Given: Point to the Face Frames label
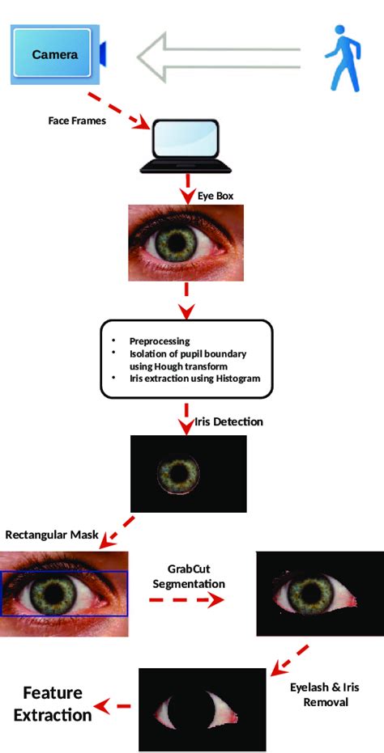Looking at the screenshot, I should (x=77, y=121).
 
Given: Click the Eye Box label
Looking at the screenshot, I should (x=216, y=195).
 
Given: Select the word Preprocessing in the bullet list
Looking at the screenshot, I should (x=160, y=341).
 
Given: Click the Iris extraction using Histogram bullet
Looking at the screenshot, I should (x=194, y=379).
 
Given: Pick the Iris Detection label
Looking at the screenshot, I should (x=229, y=421).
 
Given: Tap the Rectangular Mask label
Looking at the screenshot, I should (x=51, y=535).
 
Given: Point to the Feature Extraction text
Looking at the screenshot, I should (x=53, y=704).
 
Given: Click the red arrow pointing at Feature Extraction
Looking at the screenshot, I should (x=113, y=707).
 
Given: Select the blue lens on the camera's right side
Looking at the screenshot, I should (x=103, y=54).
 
